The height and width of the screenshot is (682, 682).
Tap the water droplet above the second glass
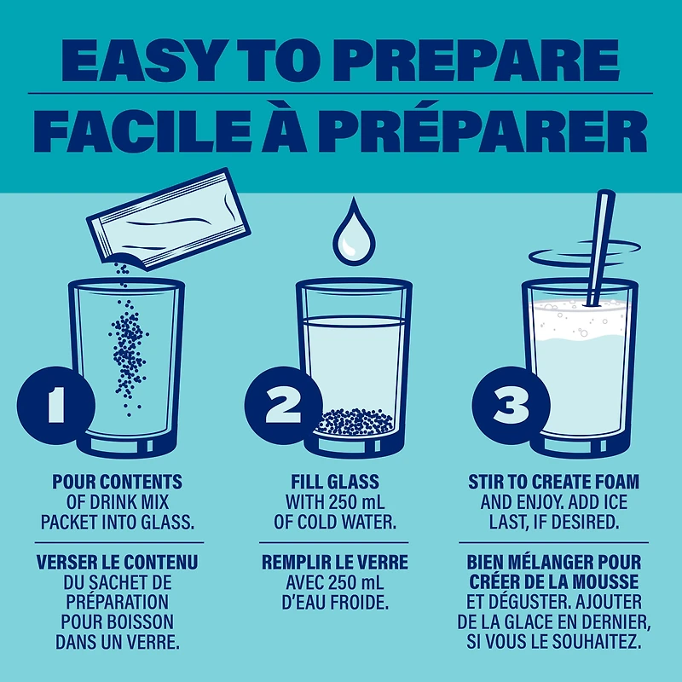click(354, 233)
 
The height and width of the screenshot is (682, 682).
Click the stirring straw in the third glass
click(601, 248)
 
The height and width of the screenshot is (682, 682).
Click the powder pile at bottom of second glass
click(355, 422)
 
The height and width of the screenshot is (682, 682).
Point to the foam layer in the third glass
click(581, 320)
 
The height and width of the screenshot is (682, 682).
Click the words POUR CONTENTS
click(118, 482)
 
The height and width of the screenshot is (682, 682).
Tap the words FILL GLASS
click(335, 482)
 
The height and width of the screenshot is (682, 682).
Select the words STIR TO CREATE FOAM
click(553, 482)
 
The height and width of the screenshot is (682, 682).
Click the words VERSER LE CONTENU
click(118, 562)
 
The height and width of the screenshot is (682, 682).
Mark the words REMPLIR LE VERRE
click(335, 562)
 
